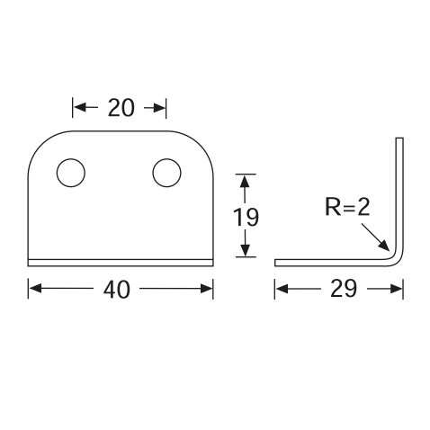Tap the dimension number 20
click(x=121, y=108)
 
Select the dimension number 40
click(x=117, y=290)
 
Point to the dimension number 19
click(x=246, y=217)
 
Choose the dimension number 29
click(x=344, y=289)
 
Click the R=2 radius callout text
click(x=347, y=207)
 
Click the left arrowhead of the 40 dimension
click(x=35, y=289)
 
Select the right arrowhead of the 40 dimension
click(x=207, y=289)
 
